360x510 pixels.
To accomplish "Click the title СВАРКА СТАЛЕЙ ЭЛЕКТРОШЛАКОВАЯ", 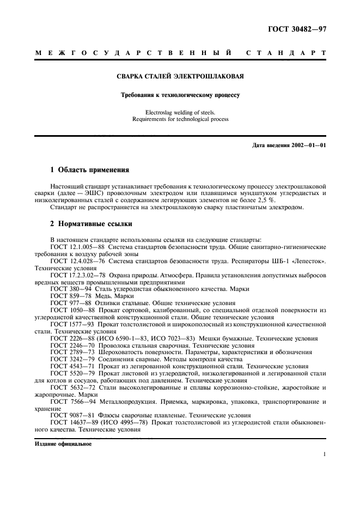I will [180, 76].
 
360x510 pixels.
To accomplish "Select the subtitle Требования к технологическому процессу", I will [180, 95].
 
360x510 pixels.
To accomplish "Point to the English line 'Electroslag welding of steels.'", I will [180, 112].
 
